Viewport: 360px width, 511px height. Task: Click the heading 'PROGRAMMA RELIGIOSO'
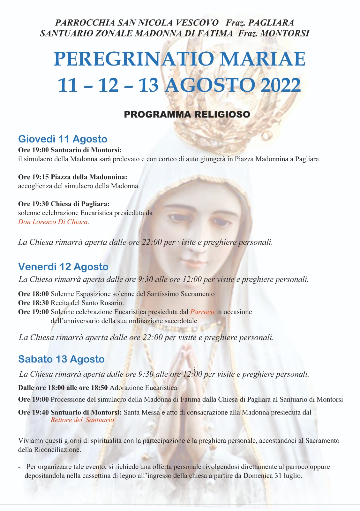187,114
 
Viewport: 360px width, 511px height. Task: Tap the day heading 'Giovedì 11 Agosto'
63,139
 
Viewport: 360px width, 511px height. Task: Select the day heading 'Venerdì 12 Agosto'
63,267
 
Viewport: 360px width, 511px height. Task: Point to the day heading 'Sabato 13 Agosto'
61,359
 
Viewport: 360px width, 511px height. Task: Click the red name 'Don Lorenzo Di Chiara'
53,222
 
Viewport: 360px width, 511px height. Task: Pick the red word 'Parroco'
202,312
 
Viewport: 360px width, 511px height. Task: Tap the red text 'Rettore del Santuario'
82,420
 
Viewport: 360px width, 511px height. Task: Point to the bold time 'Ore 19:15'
34,177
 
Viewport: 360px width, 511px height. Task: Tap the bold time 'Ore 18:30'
34,303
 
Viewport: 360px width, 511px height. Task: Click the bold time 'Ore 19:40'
34,412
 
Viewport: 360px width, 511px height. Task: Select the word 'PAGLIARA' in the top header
271,23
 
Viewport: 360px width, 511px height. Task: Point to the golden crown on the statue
204,128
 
